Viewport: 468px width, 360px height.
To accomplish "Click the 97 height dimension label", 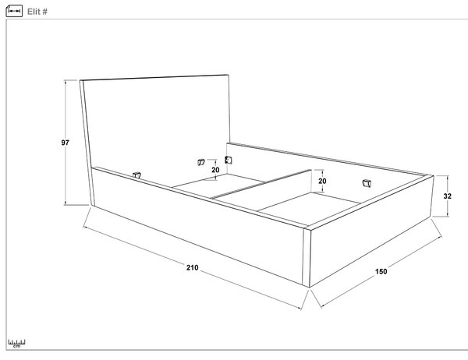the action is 65,143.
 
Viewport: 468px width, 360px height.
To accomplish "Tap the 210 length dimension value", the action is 192,267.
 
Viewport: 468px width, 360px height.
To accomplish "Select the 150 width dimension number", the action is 381,271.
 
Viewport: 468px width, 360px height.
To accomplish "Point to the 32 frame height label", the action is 447,196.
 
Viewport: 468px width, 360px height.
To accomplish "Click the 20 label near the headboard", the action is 215,170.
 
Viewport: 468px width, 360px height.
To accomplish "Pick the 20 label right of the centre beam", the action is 322,181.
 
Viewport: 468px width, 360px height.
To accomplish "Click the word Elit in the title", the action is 34,12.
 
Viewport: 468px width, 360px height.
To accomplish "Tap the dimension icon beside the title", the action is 14,11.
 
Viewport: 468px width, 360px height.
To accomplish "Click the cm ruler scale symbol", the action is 16,344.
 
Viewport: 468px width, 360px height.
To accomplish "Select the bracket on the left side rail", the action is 136,175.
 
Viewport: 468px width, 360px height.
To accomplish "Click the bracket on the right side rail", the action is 367,183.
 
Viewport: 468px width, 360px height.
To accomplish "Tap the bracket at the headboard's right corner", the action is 229,161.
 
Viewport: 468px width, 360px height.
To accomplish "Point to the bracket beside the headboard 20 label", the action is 201,162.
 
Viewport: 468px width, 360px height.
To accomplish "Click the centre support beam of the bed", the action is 261,185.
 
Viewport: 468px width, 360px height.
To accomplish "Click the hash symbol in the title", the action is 44,12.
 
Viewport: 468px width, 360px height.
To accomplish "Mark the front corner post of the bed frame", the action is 307,257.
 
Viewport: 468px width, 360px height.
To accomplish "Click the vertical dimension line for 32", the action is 448,196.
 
